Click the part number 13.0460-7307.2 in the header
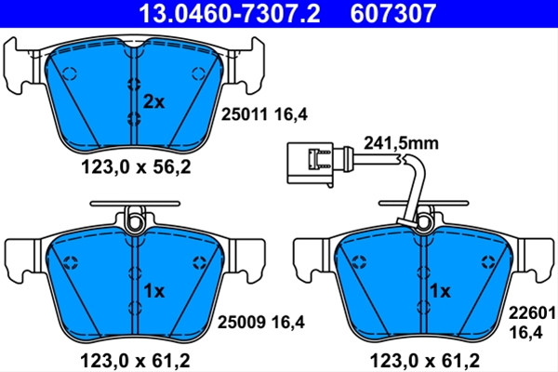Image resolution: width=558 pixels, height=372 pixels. pos(229,14)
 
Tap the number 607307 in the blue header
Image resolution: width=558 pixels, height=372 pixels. pos(392,14)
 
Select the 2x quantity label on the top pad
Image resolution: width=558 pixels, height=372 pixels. pos(153,102)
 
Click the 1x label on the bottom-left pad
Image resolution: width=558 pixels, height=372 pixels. pos(153,291)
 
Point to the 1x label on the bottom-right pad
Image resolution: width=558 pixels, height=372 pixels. pos(440,291)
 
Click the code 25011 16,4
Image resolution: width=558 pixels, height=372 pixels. pos(264,114)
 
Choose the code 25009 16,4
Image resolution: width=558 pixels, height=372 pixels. pos(261,323)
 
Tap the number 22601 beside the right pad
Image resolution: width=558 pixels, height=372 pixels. pos(532,313)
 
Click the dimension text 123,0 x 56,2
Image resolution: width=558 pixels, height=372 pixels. pos(136,166)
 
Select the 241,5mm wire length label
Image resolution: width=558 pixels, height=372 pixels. pos(401,143)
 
